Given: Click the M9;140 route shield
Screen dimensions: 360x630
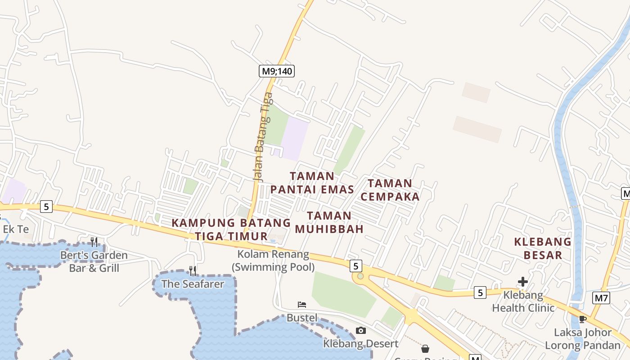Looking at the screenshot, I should [x=277, y=71].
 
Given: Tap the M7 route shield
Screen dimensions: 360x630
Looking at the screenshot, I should [x=601, y=298].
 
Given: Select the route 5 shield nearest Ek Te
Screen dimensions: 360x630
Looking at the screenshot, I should [x=46, y=207].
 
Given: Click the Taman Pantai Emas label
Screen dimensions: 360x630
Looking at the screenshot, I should [x=312, y=183].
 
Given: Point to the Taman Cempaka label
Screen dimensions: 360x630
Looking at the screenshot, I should [x=390, y=190].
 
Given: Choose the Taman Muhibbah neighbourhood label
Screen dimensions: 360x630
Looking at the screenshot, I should [x=329, y=222].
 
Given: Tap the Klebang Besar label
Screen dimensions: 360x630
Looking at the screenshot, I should [x=543, y=248].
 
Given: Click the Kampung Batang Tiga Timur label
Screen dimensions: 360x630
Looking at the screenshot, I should [x=231, y=229].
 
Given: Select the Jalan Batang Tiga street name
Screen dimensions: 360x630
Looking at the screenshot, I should [x=263, y=137].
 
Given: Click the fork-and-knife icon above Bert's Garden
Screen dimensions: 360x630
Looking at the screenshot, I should [x=94, y=242].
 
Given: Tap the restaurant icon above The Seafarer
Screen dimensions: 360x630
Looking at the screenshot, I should [x=193, y=270].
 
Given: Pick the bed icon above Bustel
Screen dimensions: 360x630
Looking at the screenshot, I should [x=302, y=305].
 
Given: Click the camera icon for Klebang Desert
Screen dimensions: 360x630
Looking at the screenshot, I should [x=360, y=331].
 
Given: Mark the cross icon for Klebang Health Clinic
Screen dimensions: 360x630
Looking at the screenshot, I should [x=522, y=282].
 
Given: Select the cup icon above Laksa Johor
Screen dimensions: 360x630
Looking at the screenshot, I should [x=582, y=319].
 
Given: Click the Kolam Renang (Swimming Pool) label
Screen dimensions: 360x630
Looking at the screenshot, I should [x=273, y=261].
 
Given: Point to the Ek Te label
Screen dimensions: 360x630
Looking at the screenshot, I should [x=16, y=229].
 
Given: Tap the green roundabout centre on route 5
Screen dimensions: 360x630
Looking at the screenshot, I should [x=360, y=276].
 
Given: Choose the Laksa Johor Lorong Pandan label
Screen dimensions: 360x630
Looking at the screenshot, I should [x=583, y=339].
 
